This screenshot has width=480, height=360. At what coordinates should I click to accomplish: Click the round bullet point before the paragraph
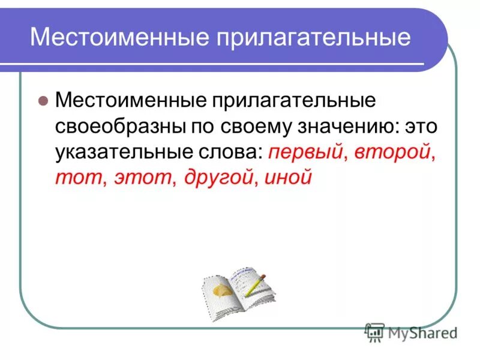coord(43,101)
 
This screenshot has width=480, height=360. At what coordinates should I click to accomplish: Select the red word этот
coord(141,178)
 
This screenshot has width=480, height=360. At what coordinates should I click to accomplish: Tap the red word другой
coord(214,178)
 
